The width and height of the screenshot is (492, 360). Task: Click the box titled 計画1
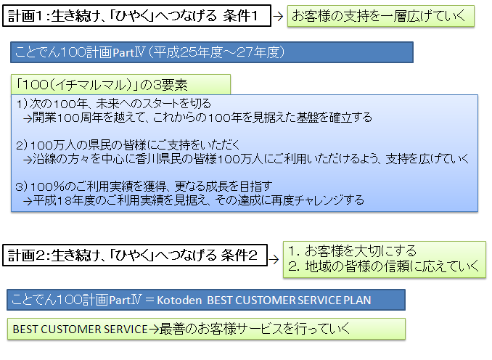pyautogui.click(x=136, y=16)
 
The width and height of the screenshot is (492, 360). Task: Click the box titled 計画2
pyautogui.click(x=135, y=255)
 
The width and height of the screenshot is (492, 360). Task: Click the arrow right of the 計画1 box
pyautogui.click(x=278, y=16)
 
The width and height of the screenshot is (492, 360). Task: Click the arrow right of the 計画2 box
pyautogui.click(x=274, y=259)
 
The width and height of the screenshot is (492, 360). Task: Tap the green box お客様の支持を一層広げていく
pyautogui.click(x=380, y=16)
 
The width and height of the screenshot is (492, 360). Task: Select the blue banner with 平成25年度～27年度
pyautogui.click(x=212, y=52)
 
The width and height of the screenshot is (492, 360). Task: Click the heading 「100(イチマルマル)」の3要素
pyautogui.click(x=102, y=85)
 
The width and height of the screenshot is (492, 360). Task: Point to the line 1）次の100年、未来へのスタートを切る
pyautogui.click(x=114, y=104)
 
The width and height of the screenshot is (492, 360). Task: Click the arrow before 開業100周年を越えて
pyautogui.click(x=28, y=118)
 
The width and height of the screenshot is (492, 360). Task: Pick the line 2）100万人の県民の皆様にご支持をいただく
pyautogui.click(x=128, y=145)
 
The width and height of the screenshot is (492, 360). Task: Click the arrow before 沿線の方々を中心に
pyautogui.click(x=28, y=160)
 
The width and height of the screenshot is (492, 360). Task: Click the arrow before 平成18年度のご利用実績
pyautogui.click(x=28, y=201)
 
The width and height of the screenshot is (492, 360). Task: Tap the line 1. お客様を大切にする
pyautogui.click(x=352, y=251)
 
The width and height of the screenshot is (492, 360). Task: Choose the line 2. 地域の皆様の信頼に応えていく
pyautogui.click(x=383, y=266)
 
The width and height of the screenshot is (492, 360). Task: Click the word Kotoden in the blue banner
pyautogui.click(x=179, y=300)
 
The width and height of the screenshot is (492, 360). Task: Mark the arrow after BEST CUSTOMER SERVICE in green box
pyautogui.click(x=154, y=330)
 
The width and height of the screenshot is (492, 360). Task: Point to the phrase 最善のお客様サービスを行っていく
pyautogui.click(x=255, y=329)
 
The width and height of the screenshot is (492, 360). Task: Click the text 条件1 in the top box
pyautogui.click(x=240, y=16)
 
